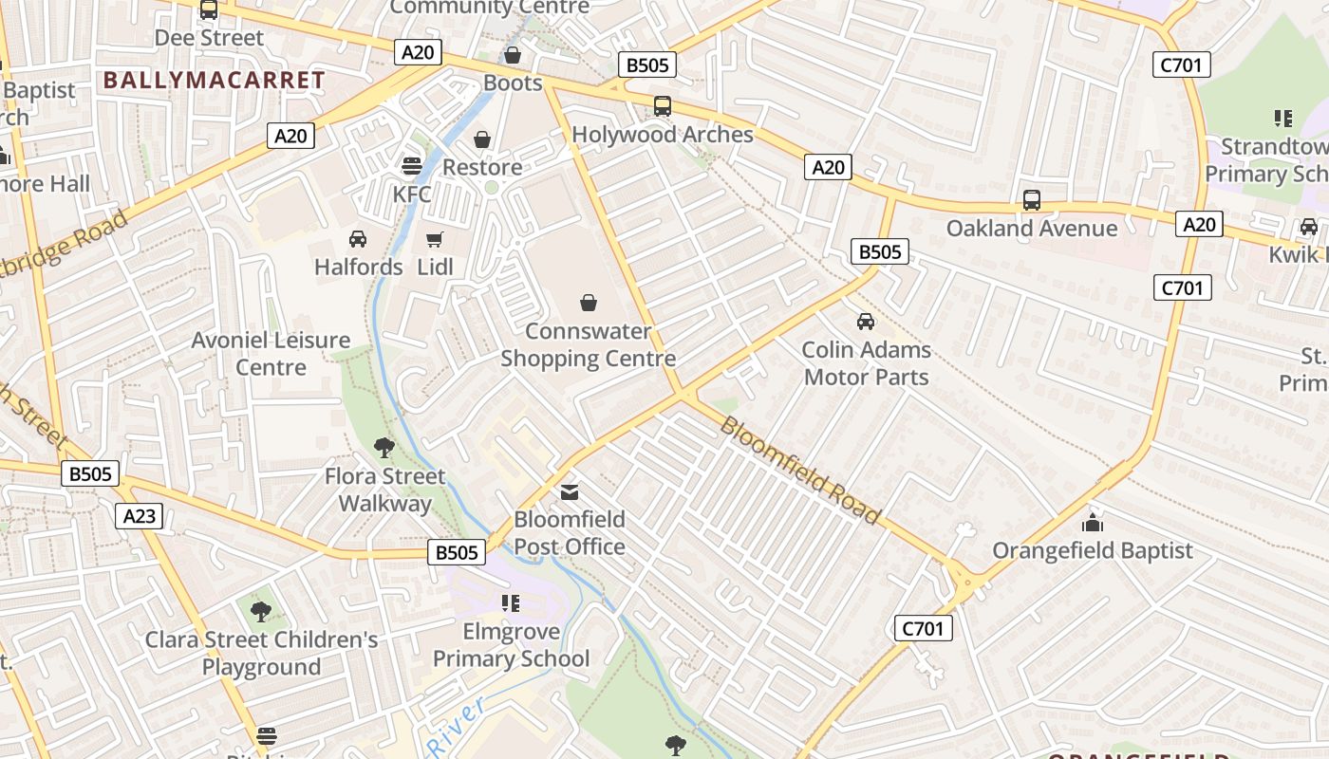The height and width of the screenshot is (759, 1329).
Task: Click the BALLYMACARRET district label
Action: coord(214,81)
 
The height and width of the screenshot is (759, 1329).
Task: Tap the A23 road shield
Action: coord(139,516)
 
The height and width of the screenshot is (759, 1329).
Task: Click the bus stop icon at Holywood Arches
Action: coord(662,106)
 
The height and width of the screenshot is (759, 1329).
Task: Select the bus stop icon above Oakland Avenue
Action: coord(1031,200)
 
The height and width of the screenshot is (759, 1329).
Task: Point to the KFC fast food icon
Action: coord(411,166)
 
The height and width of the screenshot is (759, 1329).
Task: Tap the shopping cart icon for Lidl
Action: coord(435,239)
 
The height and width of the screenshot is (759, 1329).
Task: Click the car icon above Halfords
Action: coord(358,239)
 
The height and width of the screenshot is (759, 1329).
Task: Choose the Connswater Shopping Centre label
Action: coord(588,345)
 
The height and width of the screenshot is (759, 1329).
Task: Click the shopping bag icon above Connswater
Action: coord(589,303)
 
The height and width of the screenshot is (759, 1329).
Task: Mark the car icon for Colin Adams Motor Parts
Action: coord(866,322)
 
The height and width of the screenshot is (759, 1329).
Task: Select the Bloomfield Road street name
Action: coord(800,470)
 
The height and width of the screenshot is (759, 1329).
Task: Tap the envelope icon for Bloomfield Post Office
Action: coord(569,491)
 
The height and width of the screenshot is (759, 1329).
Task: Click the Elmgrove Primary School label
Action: coord(511,645)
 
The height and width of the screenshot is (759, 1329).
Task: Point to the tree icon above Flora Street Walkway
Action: coord(384,448)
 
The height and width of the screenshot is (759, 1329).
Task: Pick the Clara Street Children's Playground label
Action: coord(261,653)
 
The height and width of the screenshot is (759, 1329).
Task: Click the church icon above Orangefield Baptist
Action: coord(1093,523)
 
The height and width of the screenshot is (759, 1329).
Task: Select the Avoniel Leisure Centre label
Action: coord(271,353)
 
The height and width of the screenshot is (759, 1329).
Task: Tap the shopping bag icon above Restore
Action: coord(482,139)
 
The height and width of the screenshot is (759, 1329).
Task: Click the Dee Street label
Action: coord(209,38)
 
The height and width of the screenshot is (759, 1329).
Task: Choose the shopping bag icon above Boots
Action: coord(513,55)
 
